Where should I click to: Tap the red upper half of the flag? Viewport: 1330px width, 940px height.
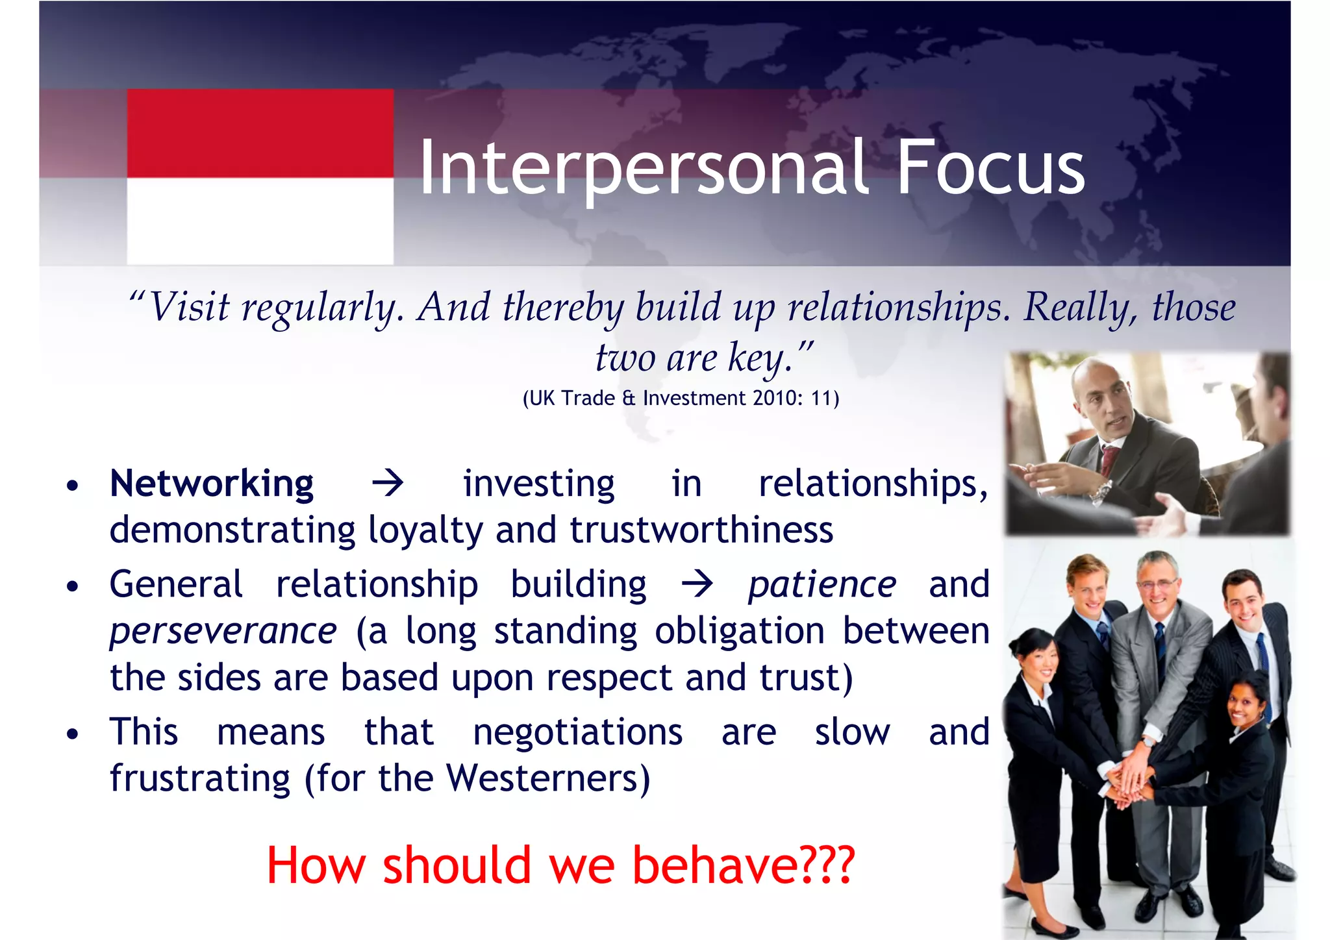click(260, 133)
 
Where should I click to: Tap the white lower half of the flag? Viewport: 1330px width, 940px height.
click(260, 221)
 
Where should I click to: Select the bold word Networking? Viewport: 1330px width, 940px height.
click(212, 484)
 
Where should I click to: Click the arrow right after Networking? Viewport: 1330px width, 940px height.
click(388, 484)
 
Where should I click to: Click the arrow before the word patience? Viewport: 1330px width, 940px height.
click(697, 584)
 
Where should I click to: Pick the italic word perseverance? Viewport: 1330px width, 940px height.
click(223, 631)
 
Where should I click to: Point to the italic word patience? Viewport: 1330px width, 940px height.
click(822, 584)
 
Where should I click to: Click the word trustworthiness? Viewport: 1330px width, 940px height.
click(701, 530)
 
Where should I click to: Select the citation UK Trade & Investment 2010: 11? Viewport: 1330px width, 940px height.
click(681, 398)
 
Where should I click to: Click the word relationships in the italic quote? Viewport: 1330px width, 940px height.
click(898, 307)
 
